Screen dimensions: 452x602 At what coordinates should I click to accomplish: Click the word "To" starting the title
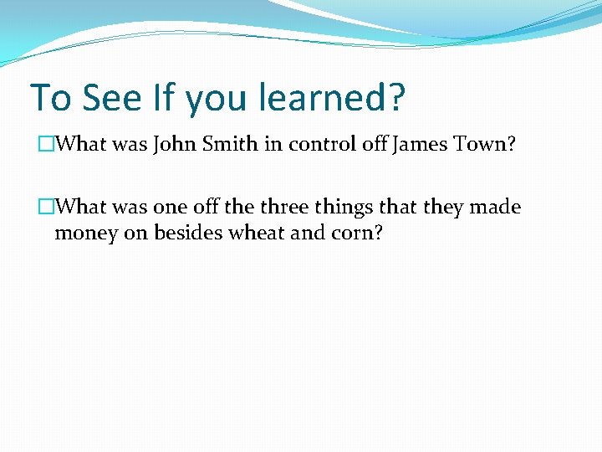click(50, 98)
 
